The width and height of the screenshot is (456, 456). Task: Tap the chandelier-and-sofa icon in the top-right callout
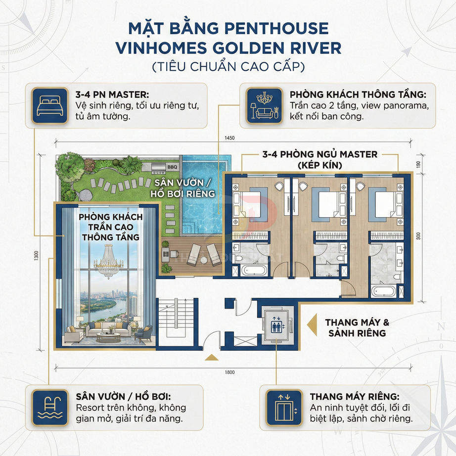(262, 105)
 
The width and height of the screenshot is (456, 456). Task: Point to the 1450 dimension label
(228, 138)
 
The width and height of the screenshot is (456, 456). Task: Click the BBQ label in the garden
(172, 167)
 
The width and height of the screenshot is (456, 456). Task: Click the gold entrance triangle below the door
(211, 358)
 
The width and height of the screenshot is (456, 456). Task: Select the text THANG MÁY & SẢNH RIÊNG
(357, 327)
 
